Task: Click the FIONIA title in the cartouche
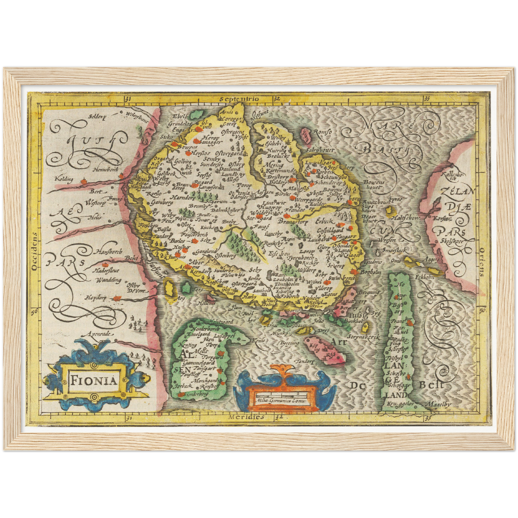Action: pyautogui.click(x=94, y=380)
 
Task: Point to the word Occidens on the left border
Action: pyautogui.click(x=34, y=251)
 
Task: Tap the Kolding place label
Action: pyautogui.click(x=64, y=178)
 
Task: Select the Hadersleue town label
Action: pyautogui.click(x=106, y=271)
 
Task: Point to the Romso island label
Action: pyautogui.click(x=322, y=132)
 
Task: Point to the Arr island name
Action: pyautogui.click(x=338, y=342)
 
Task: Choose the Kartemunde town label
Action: pyautogui.click(x=280, y=171)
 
